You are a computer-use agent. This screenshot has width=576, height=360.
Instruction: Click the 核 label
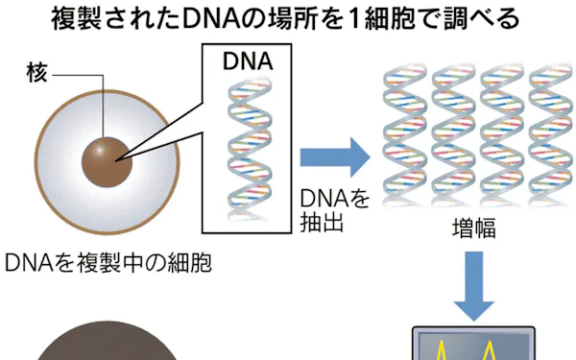click(x=37, y=73)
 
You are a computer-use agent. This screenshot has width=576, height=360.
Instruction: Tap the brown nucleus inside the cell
click(x=107, y=162)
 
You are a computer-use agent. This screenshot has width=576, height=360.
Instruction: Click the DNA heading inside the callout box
click(x=248, y=61)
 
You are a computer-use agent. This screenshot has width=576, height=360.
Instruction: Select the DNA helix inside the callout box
click(x=250, y=149)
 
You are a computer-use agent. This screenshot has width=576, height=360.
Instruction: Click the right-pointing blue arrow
click(x=335, y=157)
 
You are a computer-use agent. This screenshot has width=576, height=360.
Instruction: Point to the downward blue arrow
click(x=474, y=286)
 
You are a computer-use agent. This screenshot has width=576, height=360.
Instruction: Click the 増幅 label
click(x=474, y=228)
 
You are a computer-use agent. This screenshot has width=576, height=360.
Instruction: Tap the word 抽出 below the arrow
click(x=322, y=222)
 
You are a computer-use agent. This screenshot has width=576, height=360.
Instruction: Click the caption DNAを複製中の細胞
click(x=108, y=263)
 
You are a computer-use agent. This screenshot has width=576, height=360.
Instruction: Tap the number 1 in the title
click(x=353, y=19)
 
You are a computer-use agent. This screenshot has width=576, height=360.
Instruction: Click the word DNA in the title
click(x=211, y=19)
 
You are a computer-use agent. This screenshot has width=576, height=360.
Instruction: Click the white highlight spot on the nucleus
click(x=99, y=151)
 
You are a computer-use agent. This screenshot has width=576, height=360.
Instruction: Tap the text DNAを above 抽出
click(x=335, y=199)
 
